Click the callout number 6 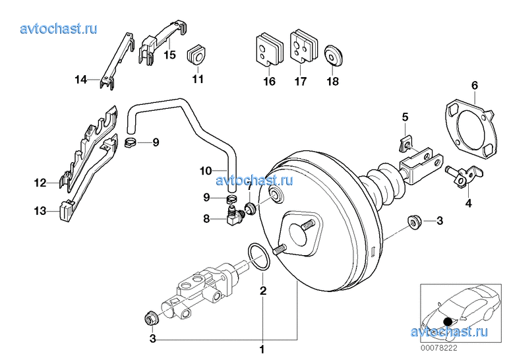pyautogui.click(x=474, y=85)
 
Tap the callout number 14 pyautogui.click(x=80, y=80)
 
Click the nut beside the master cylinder pyautogui.click(x=151, y=319)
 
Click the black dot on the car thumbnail pyautogui.click(x=448, y=321)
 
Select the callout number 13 pyautogui.click(x=41, y=212)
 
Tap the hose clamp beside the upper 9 pyautogui.click(x=131, y=142)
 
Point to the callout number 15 pyautogui.click(x=169, y=55)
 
